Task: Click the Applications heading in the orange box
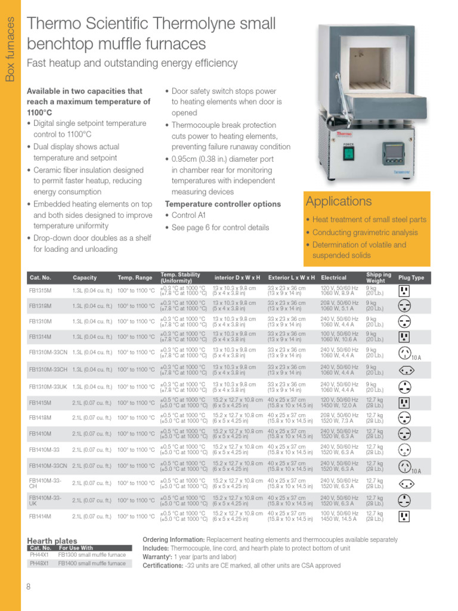click(x=339, y=201)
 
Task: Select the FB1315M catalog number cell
click(x=41, y=291)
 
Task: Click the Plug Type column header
click(x=411, y=277)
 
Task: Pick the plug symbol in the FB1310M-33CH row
click(x=404, y=369)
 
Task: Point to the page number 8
click(x=28, y=587)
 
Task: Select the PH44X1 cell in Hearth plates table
click(x=39, y=555)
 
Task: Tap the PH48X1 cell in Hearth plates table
click(x=39, y=563)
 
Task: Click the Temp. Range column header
click(x=135, y=277)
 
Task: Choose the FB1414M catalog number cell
click(x=41, y=516)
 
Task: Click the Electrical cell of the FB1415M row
click(x=340, y=403)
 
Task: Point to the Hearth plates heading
click(x=52, y=541)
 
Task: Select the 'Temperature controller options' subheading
click(x=222, y=204)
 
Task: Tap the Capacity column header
click(x=85, y=277)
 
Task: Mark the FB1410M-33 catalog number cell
click(x=45, y=449)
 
